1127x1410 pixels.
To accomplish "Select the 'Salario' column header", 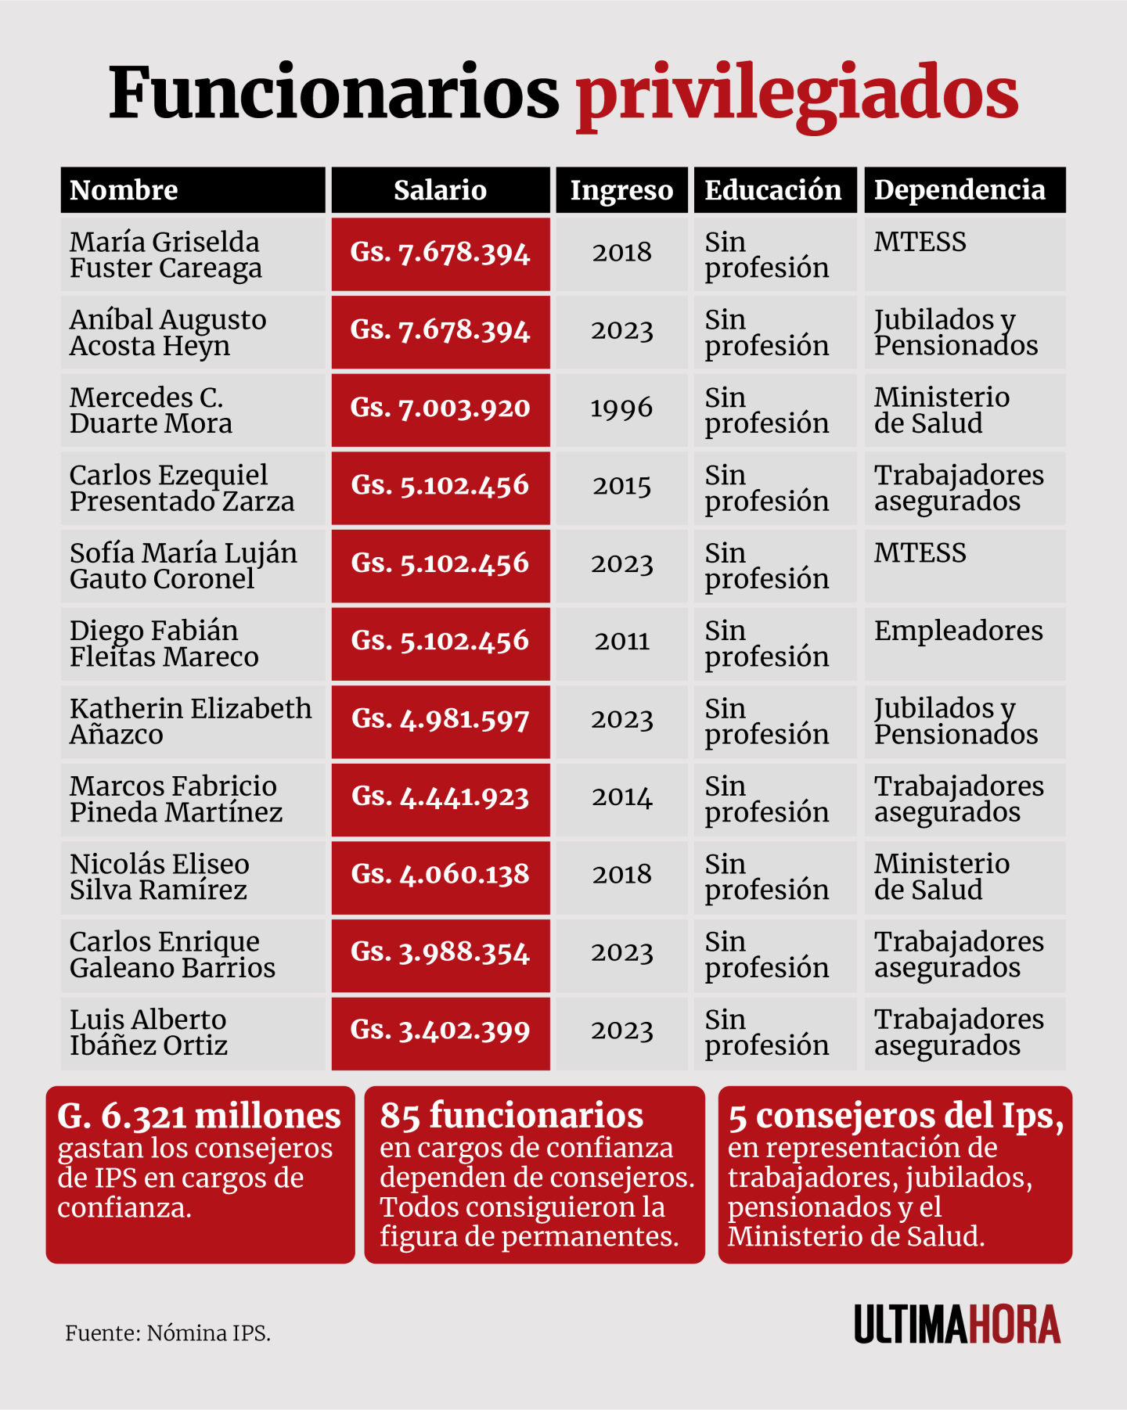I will pos(440,190).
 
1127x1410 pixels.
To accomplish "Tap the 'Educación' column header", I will pos(773,190).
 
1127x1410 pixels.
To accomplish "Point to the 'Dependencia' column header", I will pos(960,190).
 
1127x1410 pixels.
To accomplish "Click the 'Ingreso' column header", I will pos(621,190).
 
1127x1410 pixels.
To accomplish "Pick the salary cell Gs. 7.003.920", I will pos(440,408).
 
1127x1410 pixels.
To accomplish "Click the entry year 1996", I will pos(621,408).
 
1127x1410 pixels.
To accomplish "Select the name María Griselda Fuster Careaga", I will pos(165,255).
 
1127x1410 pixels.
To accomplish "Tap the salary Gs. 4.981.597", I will pos(440,719).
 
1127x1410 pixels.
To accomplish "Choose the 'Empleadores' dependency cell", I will pos(959,631).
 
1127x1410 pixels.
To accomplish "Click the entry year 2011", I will pos(621,642).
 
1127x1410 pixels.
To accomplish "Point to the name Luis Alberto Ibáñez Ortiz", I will pos(149,1032).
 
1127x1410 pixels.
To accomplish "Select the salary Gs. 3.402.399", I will pos(440,1031).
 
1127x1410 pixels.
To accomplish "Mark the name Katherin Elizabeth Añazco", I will pos(190,721).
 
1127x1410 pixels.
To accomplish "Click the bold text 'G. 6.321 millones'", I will pos(199,1117).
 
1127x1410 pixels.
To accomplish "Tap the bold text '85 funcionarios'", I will pos(512,1116).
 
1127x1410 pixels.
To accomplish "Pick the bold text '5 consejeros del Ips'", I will pos(895,1117).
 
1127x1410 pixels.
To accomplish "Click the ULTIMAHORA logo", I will pos(957,1324).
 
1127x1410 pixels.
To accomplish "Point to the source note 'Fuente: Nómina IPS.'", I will pos(167,1333).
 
